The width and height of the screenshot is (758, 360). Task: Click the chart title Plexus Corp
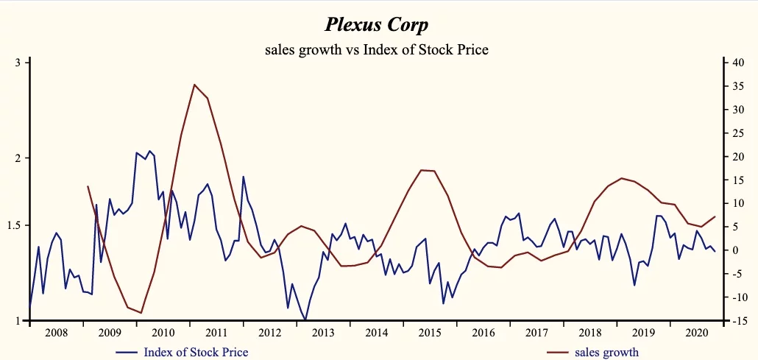[376, 24]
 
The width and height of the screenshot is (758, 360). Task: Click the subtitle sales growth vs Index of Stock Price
[376, 50]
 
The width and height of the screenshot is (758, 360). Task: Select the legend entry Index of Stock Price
[196, 352]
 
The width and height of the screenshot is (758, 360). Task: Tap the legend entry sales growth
[606, 352]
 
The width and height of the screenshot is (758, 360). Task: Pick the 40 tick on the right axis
[737, 63]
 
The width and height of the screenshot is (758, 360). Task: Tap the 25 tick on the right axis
[737, 133]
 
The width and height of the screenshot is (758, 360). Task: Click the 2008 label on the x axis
[56, 333]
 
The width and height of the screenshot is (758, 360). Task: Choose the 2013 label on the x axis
[323, 333]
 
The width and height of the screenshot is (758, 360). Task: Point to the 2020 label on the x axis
[697, 333]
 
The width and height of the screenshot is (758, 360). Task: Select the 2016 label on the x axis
[484, 333]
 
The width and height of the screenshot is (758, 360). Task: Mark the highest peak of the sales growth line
[194, 85]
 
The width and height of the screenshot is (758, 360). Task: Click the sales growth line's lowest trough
[141, 313]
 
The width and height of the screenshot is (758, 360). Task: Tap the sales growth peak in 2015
[421, 170]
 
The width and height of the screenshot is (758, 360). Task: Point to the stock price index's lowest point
[305, 320]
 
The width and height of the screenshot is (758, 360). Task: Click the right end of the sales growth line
[715, 216]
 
